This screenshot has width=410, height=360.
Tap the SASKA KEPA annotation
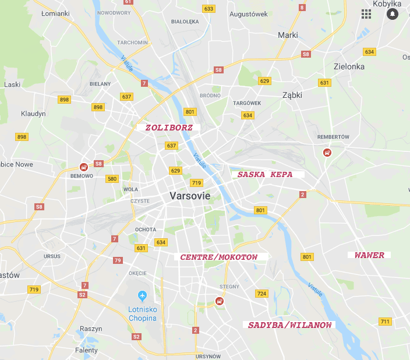pos(265,174)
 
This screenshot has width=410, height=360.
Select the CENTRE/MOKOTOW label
pos(218,257)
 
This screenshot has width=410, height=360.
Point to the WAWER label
pos(369,255)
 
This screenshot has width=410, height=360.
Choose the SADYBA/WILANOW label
pos(290,324)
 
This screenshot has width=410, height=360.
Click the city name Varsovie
pos(190,196)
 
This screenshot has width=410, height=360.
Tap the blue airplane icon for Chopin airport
pos(142,297)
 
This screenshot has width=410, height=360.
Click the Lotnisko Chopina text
pos(143,314)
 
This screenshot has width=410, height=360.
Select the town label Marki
pos(288,35)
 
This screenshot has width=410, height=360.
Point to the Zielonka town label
pos(349,66)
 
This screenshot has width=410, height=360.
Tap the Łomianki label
pos(56,13)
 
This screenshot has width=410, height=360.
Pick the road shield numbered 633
pos(208,8)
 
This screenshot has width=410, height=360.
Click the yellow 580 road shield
pos(112,178)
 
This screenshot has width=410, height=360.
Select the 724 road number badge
pos(261,294)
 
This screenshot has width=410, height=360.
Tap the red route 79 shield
pos(118,260)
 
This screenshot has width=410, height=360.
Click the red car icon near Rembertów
pos(327,153)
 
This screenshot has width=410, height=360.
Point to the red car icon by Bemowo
pos(84,167)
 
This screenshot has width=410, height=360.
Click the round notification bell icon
pos(392,13)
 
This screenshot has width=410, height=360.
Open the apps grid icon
pos(366,13)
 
